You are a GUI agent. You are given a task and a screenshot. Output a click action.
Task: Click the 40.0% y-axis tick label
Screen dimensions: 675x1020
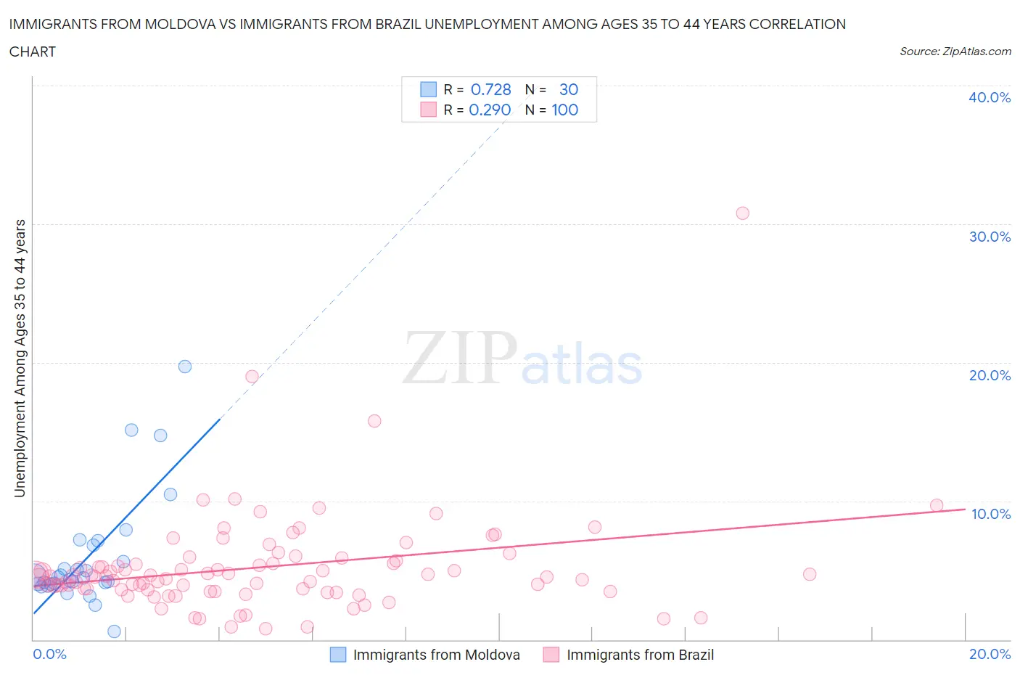[x=989, y=97]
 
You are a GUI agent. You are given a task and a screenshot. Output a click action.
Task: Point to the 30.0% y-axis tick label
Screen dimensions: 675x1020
[x=989, y=237]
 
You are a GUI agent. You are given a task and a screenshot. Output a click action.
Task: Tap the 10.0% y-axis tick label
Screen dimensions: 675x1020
[x=990, y=514]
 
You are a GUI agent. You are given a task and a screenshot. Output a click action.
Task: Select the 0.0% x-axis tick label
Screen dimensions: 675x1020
[x=49, y=654]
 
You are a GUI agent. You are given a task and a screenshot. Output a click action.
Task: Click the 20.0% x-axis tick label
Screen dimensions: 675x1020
[x=990, y=654]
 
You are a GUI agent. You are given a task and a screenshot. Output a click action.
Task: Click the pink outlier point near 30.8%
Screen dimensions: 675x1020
[x=742, y=213]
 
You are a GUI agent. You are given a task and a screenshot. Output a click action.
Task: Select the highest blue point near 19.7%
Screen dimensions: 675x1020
[x=185, y=367]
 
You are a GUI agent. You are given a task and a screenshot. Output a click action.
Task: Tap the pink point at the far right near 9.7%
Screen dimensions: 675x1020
[x=937, y=505]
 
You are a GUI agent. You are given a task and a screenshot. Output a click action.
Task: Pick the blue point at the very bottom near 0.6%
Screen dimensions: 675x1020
[x=114, y=631]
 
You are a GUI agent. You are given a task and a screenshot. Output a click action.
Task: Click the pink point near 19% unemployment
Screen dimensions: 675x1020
[x=252, y=377]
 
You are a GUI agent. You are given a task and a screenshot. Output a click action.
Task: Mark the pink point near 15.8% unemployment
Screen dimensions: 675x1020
[x=374, y=421]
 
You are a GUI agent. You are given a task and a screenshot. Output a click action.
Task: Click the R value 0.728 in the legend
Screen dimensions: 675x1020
[x=490, y=89]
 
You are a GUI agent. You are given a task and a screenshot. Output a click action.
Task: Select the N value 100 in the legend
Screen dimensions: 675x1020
[x=564, y=110]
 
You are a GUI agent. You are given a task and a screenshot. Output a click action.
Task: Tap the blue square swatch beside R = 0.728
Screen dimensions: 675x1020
[x=428, y=89]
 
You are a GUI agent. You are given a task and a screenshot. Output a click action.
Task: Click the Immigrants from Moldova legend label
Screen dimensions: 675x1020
[x=436, y=655]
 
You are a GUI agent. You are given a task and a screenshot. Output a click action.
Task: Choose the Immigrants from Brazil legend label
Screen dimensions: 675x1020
[x=640, y=655]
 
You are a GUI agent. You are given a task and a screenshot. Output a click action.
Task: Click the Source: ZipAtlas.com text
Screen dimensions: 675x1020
[x=955, y=52]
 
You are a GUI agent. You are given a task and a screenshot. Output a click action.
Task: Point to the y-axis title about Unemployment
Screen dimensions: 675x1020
[x=20, y=359]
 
